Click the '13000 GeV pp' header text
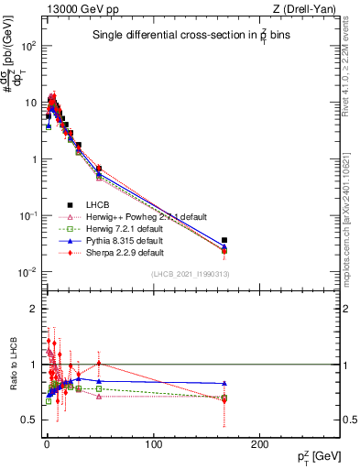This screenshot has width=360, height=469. [76, 8]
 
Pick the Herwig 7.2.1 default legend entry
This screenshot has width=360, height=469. [125, 228]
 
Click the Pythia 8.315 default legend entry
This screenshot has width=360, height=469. [125, 240]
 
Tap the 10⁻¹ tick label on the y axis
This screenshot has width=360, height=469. [28, 215]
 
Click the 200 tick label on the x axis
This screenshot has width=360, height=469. [259, 444]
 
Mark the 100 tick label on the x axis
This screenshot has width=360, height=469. [153, 444]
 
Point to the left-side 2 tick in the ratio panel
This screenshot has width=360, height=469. [32, 309]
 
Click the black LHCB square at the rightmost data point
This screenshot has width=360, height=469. [224, 240]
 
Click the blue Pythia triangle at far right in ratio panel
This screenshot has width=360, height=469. [224, 383]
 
